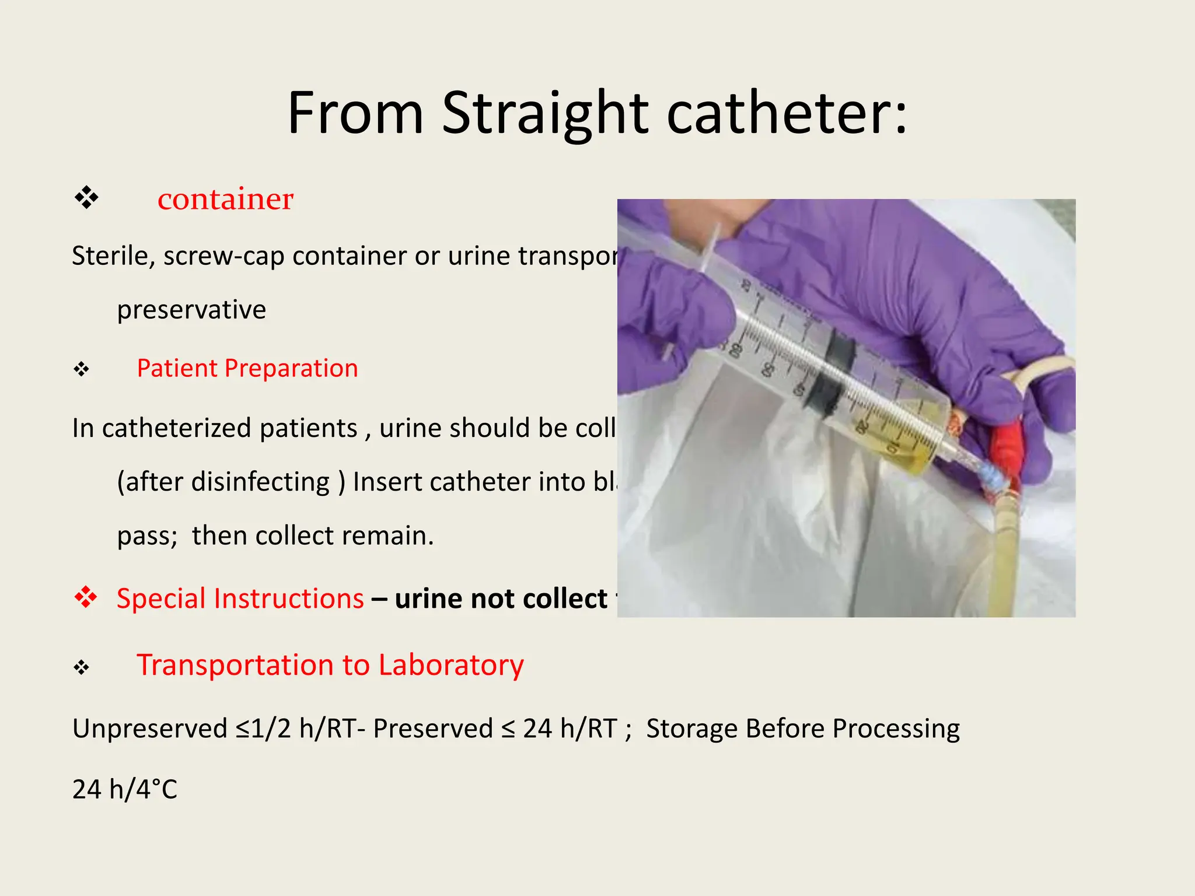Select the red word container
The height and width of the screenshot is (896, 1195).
[225, 199]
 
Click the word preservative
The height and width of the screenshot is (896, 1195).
[191, 309]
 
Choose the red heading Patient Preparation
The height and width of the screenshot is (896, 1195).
[247, 369]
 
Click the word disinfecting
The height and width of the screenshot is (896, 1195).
[260, 482]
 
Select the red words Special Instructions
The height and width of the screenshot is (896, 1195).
[240, 599]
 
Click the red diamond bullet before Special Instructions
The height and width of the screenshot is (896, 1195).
[86, 597]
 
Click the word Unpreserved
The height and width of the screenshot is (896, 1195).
[150, 729]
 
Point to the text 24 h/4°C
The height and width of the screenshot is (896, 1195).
[124, 789]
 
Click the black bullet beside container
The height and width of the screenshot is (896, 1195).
[86, 198]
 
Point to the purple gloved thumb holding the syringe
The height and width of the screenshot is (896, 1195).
[677, 315]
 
